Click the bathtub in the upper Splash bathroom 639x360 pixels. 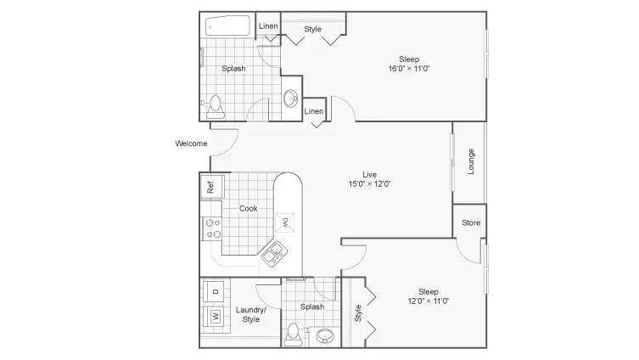point(227,26)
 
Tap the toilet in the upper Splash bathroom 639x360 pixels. point(216,107)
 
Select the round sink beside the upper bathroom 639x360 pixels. point(290,98)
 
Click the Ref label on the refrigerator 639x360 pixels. point(210,187)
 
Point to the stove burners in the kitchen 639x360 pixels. point(213,228)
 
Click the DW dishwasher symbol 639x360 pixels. point(285,223)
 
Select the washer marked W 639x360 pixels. point(215,316)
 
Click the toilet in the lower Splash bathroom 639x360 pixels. point(293,335)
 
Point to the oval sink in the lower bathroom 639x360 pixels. point(325,336)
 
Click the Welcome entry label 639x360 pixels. point(191,143)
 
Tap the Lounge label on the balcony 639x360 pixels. point(471,161)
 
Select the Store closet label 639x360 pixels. point(471,222)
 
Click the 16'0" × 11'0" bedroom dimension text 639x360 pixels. point(409,69)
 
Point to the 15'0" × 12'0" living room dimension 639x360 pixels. point(369,184)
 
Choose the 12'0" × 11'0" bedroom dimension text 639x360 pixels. point(429,301)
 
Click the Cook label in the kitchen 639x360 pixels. point(248,208)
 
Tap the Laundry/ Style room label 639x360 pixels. point(251,314)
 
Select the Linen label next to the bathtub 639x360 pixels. point(268,25)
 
